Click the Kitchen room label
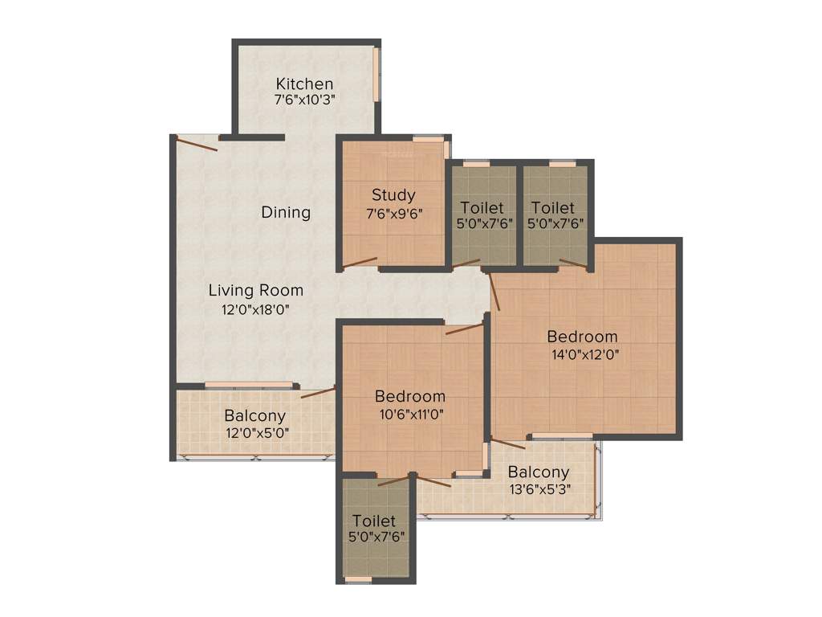click(304, 84)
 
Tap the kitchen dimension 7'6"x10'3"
click(304, 100)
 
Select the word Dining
click(286, 212)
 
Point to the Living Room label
click(256, 290)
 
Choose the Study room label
click(393, 195)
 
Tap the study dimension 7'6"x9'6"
click(393, 213)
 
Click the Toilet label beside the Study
click(482, 208)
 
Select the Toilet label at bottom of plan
click(374, 521)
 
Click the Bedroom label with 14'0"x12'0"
click(583, 336)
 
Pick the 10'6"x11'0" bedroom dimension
click(410, 415)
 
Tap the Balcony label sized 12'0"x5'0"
click(254, 415)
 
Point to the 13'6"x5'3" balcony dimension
click(539, 490)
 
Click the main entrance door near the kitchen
click(197, 144)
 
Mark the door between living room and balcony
click(318, 392)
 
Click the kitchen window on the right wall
click(375, 75)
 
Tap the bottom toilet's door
click(393, 481)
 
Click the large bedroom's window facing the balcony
click(563, 436)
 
